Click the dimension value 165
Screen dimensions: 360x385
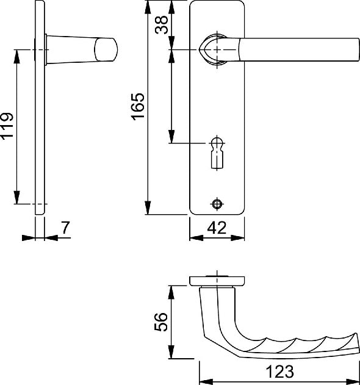point(138,107)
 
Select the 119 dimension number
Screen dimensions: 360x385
point(6,126)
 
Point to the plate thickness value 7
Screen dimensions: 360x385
point(65,228)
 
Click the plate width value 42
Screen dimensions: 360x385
point(217,228)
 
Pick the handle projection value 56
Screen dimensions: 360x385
point(161,322)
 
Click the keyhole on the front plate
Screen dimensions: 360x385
point(217,153)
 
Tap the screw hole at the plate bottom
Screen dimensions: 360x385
point(217,204)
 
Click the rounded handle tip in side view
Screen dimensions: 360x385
point(106,49)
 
